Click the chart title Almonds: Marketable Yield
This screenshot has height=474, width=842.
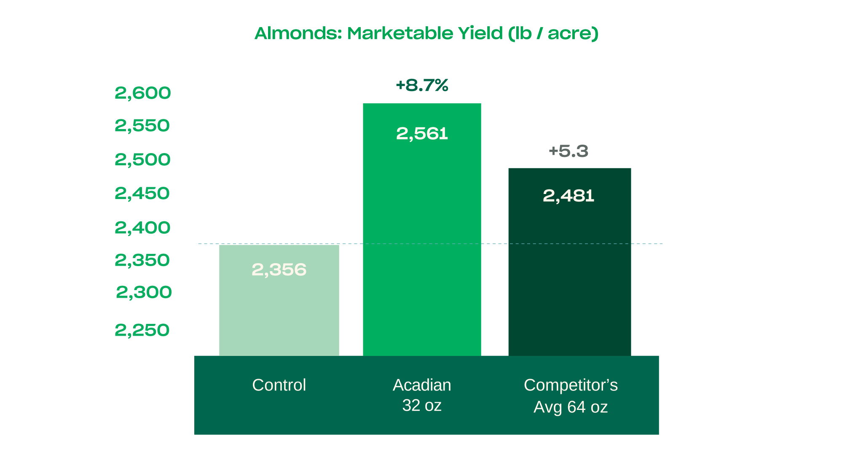[x=426, y=33]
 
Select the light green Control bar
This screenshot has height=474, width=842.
[x=279, y=312]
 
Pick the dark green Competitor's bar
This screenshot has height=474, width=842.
[x=569, y=274]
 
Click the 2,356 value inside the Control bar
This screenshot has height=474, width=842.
[x=279, y=270]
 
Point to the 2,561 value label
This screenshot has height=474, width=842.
[x=422, y=134]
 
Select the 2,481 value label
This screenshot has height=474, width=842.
[x=568, y=196]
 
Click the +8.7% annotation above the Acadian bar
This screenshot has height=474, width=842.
[x=422, y=85]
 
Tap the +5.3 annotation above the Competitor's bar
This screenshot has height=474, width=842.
[x=568, y=151]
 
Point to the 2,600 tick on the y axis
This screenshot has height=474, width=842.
[x=143, y=93]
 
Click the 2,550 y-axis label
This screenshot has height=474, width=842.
[x=142, y=126]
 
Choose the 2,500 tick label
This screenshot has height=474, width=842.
[x=142, y=160]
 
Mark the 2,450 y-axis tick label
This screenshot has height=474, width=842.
[x=142, y=194]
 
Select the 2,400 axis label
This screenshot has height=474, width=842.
[x=142, y=228]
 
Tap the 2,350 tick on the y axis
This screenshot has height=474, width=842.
[x=142, y=260]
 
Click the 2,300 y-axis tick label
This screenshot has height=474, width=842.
[x=144, y=292]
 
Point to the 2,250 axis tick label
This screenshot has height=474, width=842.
[x=142, y=330]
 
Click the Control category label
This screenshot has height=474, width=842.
[x=279, y=385]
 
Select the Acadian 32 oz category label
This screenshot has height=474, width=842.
[x=422, y=395]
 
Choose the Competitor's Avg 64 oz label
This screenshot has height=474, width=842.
[x=571, y=396]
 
